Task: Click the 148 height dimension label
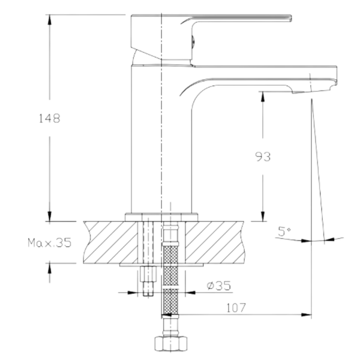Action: click(x=49, y=118)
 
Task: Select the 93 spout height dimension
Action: click(x=263, y=157)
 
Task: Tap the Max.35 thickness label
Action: click(x=49, y=242)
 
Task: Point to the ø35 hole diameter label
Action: click(x=218, y=286)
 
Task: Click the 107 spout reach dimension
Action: click(x=236, y=308)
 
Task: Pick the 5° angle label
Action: click(x=284, y=231)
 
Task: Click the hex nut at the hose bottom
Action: click(x=170, y=343)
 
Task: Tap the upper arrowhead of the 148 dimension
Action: click(x=49, y=20)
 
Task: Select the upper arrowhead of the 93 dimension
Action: click(x=263, y=97)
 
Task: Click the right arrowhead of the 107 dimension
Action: click(x=307, y=314)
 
